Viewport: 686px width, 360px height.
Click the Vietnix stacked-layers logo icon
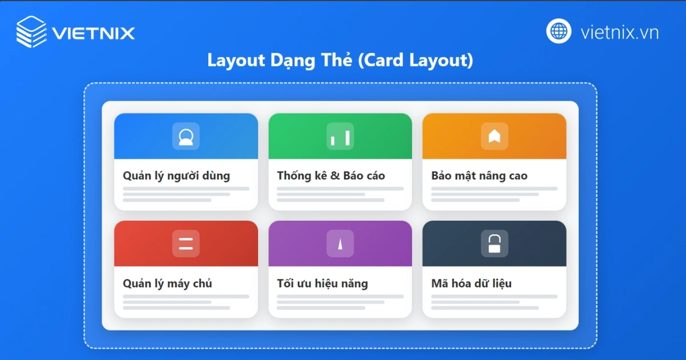[31, 31]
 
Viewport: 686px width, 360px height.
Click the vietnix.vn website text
[619, 32]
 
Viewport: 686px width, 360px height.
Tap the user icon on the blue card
[186, 137]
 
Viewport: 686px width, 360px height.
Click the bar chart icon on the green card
[340, 137]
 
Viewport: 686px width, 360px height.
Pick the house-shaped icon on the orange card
[494, 136]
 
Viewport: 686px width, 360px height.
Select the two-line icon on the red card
[186, 243]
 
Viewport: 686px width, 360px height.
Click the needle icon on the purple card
[340, 244]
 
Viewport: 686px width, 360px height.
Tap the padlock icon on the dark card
[494, 243]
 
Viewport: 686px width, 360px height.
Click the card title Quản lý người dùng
[176, 175]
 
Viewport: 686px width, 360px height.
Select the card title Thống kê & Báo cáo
[330, 175]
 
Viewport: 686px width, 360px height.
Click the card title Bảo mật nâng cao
[479, 175]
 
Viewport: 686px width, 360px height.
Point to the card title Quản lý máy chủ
[167, 283]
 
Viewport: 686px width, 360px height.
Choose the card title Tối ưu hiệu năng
[322, 283]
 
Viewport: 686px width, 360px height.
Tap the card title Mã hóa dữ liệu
[471, 283]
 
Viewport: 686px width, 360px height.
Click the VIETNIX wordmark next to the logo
[93, 33]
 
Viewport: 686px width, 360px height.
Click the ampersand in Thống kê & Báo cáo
[335, 176]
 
